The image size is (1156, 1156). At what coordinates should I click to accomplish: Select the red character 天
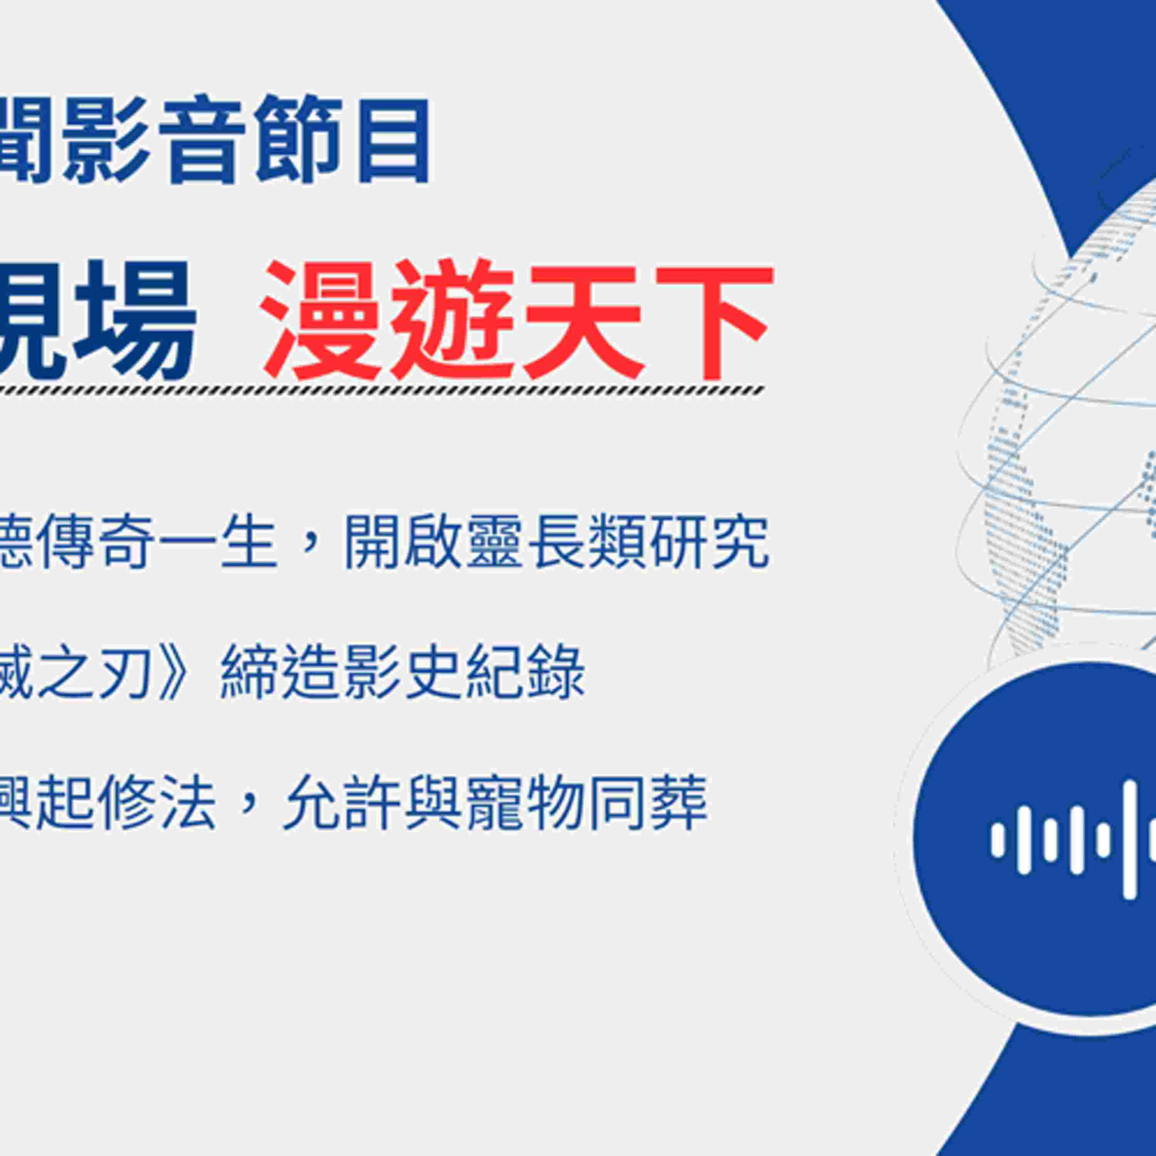click(x=583, y=320)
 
